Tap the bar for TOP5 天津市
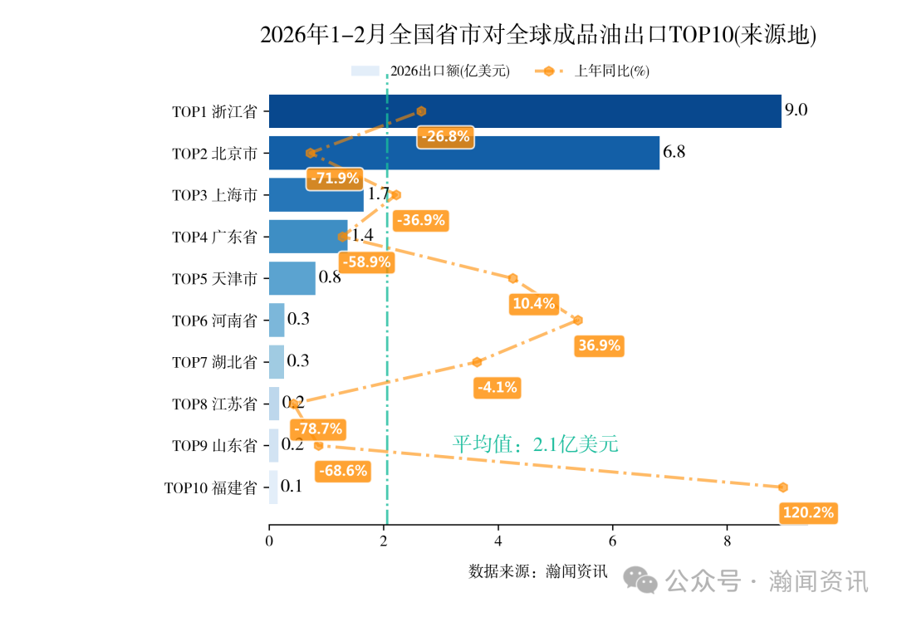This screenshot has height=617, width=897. tap(292, 278)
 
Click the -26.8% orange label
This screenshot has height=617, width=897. tap(445, 137)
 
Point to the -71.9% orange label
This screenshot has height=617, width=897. tap(335, 178)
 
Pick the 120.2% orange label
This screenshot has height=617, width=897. tap(808, 512)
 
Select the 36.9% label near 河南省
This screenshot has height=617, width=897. tap(599, 345)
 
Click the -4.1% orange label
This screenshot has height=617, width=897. tap(497, 387)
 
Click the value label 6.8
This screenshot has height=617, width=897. tap(674, 153)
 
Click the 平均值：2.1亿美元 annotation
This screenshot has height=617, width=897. tap(535, 444)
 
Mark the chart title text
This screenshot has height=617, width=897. tap(538, 35)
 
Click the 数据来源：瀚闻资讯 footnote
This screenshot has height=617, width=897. tap(538, 571)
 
